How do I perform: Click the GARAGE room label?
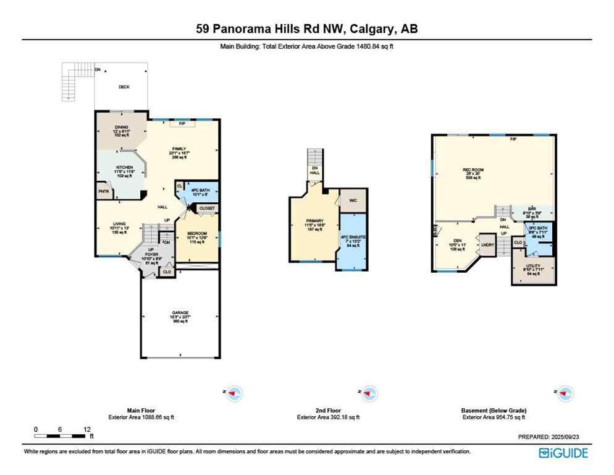[179, 312]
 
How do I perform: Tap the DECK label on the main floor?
[124, 87]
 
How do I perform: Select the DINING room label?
[120, 127]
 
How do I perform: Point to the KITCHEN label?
[120, 168]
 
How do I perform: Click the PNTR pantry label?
[103, 192]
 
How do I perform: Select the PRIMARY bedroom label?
[314, 220]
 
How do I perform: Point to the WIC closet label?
[353, 200]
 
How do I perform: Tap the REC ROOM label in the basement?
[472, 169]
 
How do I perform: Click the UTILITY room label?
[533, 265]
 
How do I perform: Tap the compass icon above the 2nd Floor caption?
[368, 393]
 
